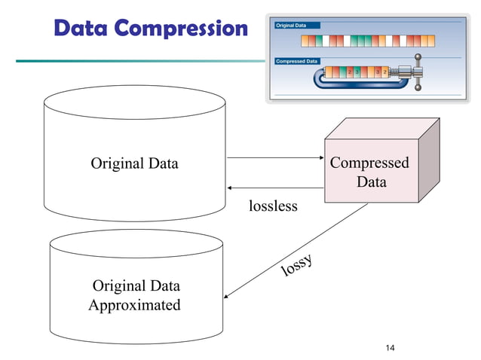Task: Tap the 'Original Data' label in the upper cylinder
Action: click(134, 163)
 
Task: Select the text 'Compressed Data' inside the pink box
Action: click(369, 172)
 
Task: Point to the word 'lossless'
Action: click(273, 205)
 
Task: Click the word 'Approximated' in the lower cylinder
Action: click(134, 305)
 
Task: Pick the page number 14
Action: click(390, 347)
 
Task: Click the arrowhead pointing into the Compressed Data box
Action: click(319, 158)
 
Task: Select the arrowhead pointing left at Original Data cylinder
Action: click(230, 188)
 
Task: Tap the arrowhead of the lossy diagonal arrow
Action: click(228, 298)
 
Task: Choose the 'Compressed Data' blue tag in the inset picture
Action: click(298, 61)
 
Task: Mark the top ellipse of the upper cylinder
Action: click(134, 100)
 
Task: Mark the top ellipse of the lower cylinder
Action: click(136, 243)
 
